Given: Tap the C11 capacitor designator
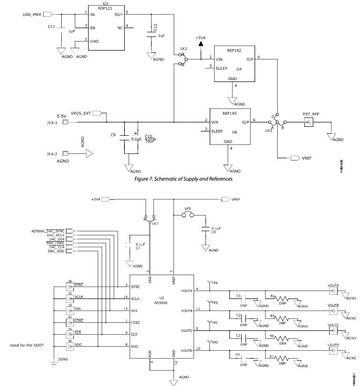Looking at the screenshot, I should [x=51, y=27].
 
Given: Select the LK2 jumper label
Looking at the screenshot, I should [x=268, y=131].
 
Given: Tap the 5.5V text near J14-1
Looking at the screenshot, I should [x=62, y=116].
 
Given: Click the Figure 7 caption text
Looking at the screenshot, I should [x=183, y=179].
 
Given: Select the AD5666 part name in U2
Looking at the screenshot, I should [x=162, y=302].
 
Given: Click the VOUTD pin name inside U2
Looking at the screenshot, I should [x=187, y=350].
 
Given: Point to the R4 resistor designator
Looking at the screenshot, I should [x=273, y=296].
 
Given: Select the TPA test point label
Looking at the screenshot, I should [x=215, y=283].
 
